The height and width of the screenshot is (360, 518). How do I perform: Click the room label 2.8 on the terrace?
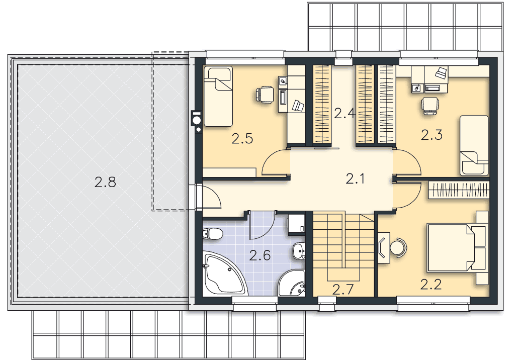(105, 182)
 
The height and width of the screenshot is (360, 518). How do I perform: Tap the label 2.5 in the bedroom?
(242, 139)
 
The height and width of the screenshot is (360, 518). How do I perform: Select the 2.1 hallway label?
(355, 178)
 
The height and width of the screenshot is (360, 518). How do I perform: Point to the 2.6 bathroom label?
(260, 255)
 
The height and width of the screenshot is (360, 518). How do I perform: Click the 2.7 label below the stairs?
(343, 290)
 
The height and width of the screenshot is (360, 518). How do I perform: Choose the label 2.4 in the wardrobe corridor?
(344, 113)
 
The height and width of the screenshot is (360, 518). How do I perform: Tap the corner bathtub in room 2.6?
(225, 273)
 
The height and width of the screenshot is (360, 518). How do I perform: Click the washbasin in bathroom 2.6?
(299, 251)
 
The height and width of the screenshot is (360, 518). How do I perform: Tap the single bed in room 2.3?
(474, 145)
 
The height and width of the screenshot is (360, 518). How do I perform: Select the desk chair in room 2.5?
(265, 94)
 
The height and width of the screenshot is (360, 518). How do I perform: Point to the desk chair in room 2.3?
(430, 106)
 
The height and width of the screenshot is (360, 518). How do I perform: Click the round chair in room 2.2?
(398, 247)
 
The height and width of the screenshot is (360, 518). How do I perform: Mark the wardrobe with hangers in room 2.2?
(458, 190)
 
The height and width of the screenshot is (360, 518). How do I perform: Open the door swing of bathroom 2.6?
(262, 225)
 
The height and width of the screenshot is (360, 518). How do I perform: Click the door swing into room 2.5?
(276, 162)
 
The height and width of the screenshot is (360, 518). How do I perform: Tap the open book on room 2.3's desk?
(441, 73)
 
